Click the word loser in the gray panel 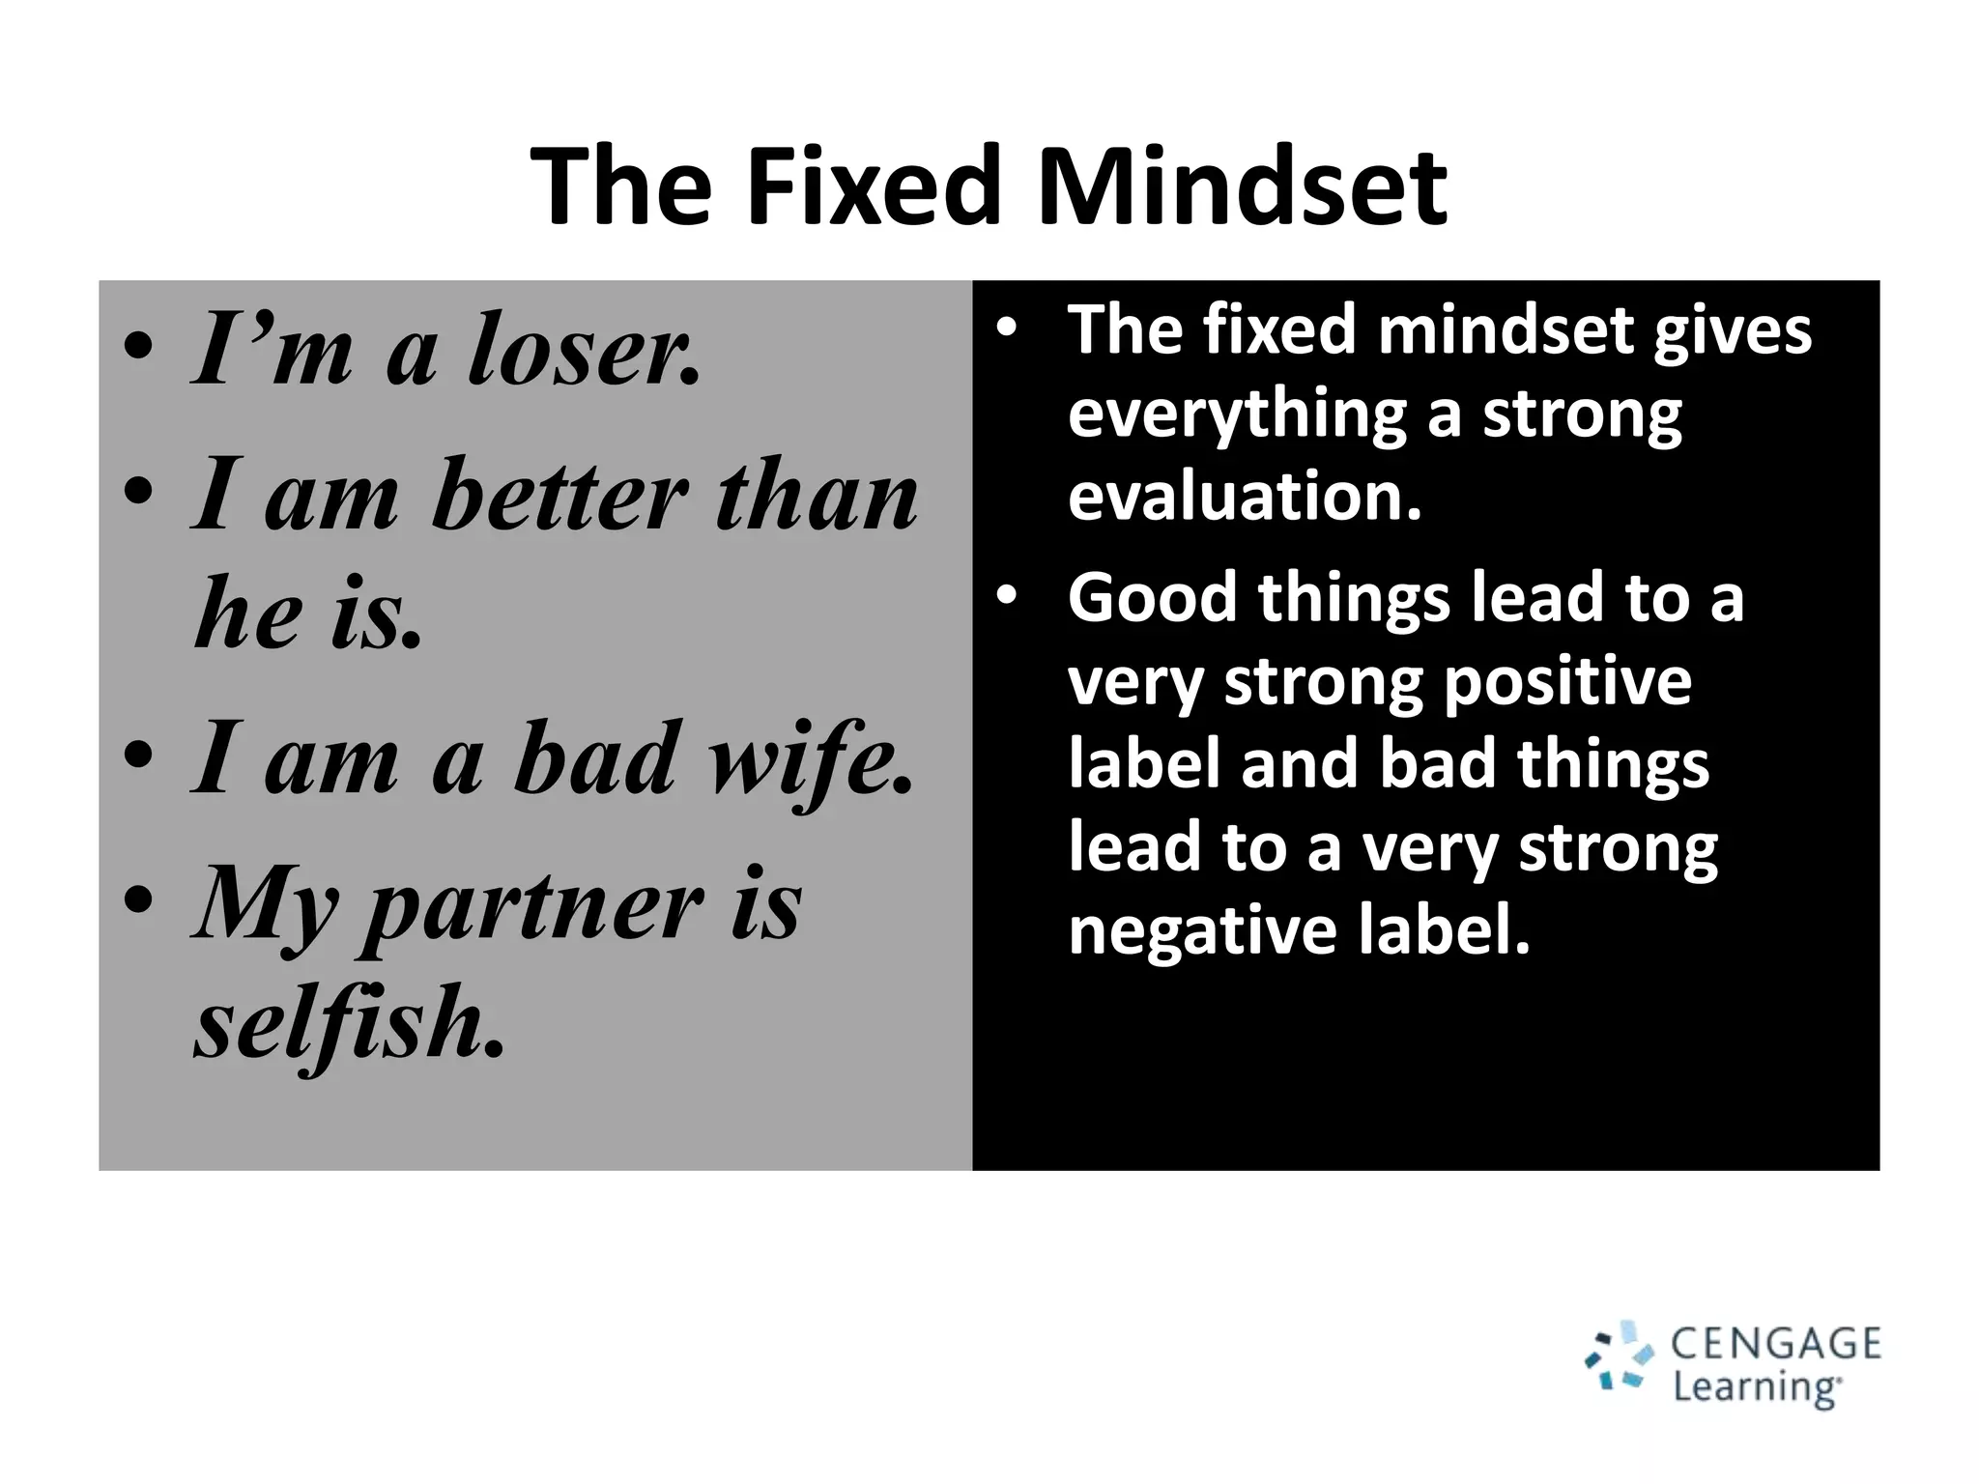584,350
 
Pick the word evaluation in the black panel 1245,497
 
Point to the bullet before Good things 1007,596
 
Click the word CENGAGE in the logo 1775,1344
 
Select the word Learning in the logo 1756,1387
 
